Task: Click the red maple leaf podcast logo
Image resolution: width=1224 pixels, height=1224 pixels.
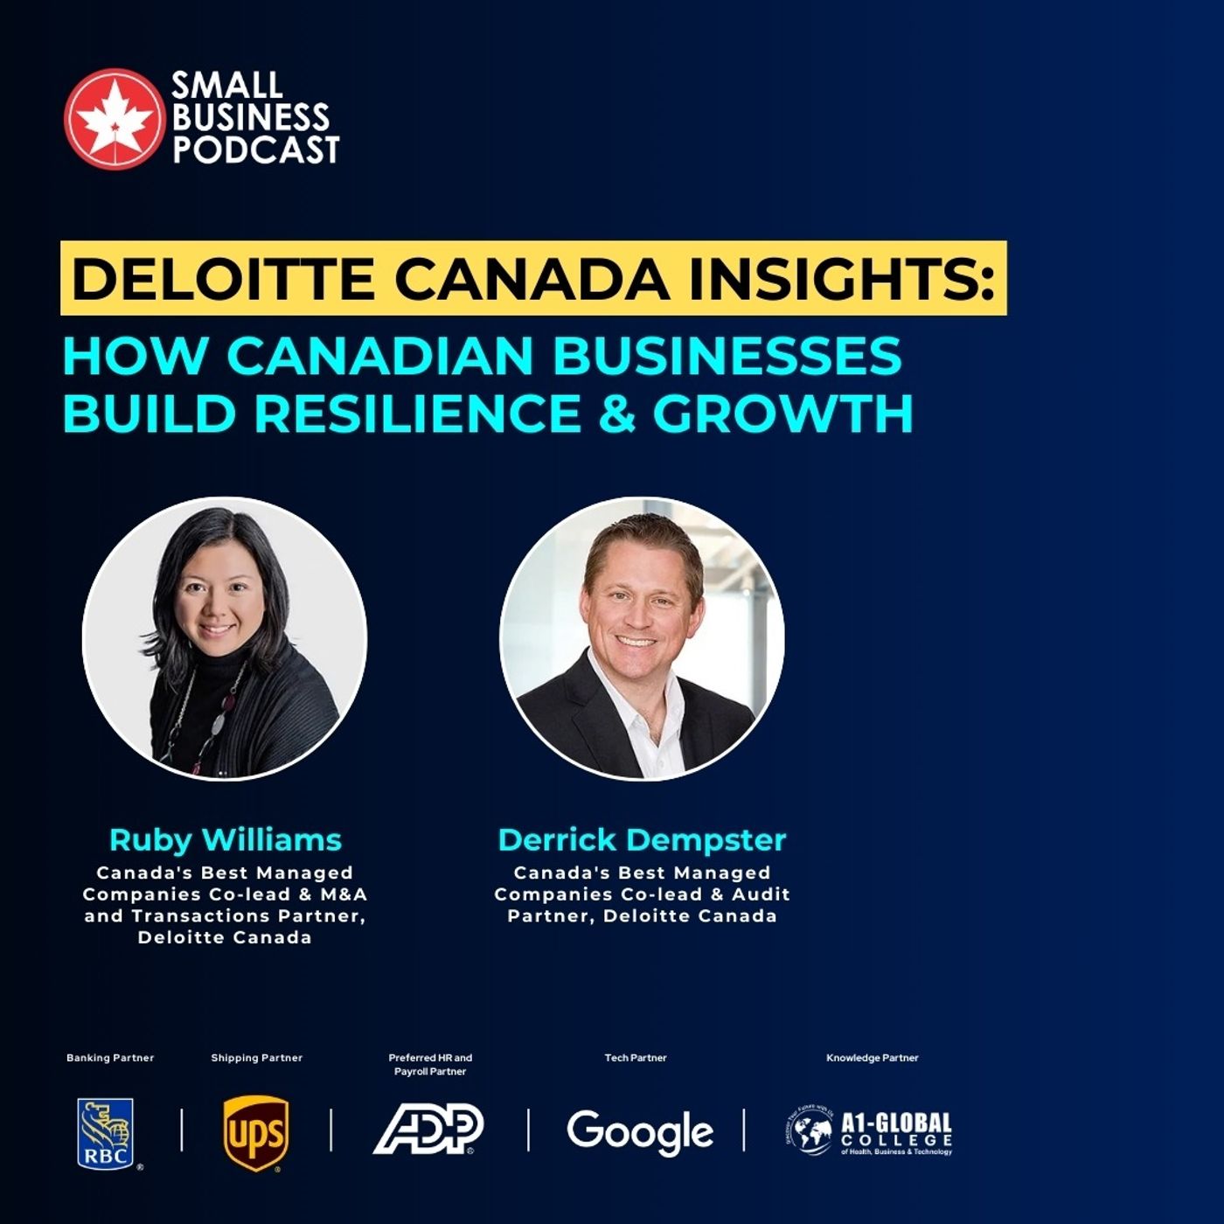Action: [x=113, y=118]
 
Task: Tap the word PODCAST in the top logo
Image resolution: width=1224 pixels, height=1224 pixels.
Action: [x=255, y=150]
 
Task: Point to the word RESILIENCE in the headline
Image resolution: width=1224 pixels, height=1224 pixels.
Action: [x=417, y=414]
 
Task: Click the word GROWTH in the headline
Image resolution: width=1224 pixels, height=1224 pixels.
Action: [x=782, y=414]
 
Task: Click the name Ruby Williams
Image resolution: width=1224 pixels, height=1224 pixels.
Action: [x=225, y=839]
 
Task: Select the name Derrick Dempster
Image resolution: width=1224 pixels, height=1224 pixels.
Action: [x=642, y=839]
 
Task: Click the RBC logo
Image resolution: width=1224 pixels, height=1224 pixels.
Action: [x=106, y=1133]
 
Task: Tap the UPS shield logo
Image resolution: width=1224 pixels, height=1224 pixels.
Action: [x=256, y=1133]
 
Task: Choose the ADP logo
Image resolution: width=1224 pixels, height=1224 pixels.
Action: [x=428, y=1129]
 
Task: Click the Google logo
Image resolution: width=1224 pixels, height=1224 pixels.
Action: [x=640, y=1131]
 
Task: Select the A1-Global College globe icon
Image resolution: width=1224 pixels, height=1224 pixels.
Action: [x=809, y=1131]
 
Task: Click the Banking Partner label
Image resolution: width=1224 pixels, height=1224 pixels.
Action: [x=110, y=1058]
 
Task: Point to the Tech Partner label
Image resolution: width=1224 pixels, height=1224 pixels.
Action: [x=636, y=1058]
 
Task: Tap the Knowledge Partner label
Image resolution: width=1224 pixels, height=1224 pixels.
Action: [x=873, y=1058]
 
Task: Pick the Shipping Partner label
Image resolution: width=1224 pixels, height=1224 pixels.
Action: [x=256, y=1058]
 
